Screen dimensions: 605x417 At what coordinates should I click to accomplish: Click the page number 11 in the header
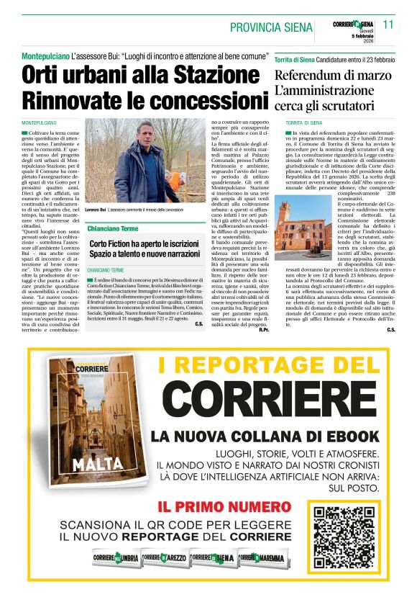click(389, 24)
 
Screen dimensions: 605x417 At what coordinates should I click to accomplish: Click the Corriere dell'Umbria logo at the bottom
click(115, 557)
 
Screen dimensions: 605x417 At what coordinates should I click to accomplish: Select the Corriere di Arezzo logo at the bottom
click(164, 557)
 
